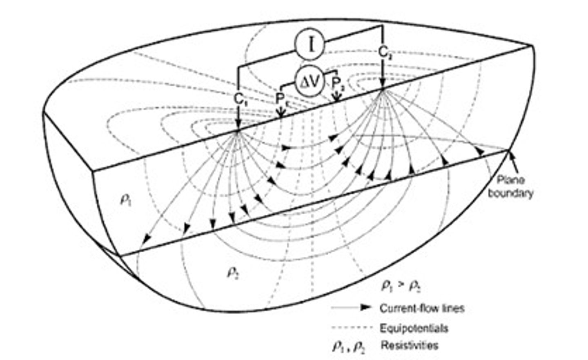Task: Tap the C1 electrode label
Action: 240,99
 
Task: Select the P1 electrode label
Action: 281,98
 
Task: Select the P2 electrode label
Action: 338,84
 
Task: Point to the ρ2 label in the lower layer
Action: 232,273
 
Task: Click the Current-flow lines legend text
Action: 422,308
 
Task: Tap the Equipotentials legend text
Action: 414,328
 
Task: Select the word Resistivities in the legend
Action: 410,345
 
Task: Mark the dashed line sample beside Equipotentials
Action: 352,328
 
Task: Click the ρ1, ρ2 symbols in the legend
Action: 349,346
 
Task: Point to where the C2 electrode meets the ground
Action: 383,88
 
